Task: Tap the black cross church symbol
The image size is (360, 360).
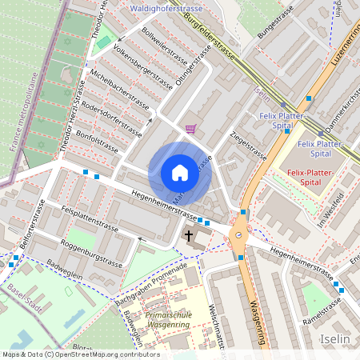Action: click(x=189, y=236)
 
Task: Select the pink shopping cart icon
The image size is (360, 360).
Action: click(x=190, y=128)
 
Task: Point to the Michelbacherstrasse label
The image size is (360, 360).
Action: click(x=120, y=88)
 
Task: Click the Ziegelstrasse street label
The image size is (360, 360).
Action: click(x=247, y=146)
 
